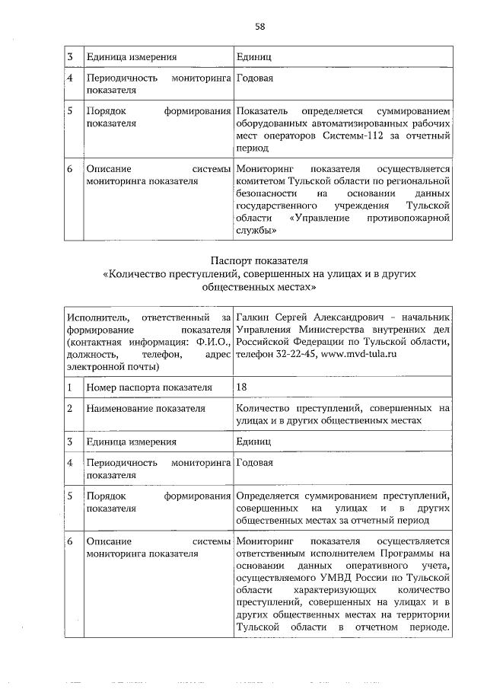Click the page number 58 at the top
tap(259, 27)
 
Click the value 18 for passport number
tap(241, 387)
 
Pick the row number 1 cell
tap(69, 387)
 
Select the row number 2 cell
tap(69, 409)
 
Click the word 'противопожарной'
tap(412, 219)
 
